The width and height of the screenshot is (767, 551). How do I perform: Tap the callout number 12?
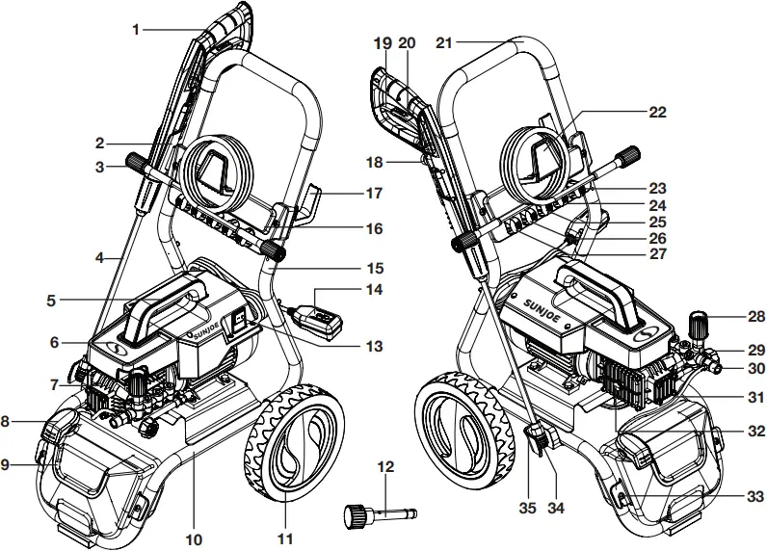click(x=385, y=467)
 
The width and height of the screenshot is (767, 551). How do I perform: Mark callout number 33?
click(x=754, y=496)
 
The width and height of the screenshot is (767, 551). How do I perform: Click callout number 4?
click(x=100, y=258)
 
